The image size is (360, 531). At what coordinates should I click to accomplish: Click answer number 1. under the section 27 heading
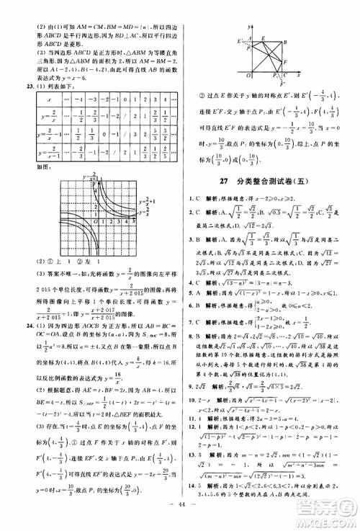(189, 198)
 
